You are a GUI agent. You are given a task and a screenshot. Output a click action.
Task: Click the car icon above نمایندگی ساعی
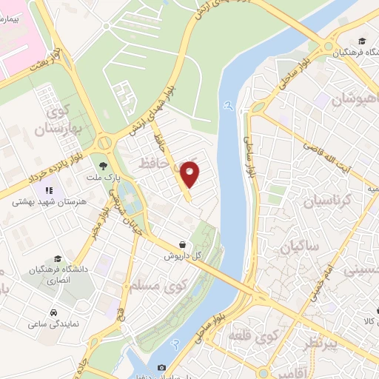coord(54,312)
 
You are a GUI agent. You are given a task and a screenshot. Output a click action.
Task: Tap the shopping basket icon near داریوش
coord(183,244)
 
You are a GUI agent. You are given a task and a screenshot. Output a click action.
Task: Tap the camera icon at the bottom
coord(161,368)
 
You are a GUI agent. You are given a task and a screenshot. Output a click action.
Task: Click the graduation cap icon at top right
coord(361,41)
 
